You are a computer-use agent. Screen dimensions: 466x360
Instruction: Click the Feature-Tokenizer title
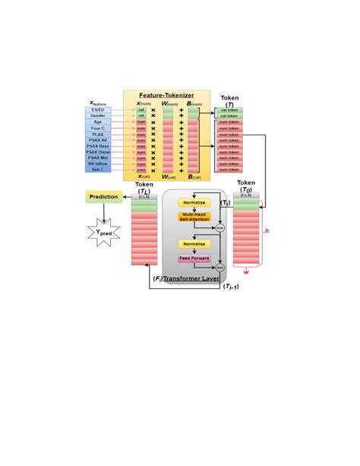point(166,96)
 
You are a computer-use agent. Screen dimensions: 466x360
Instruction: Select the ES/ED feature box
point(98,110)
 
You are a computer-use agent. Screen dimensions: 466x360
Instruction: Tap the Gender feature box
point(98,116)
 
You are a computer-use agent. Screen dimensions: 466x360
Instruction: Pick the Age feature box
point(98,122)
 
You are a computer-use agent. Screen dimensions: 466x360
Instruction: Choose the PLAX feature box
point(98,135)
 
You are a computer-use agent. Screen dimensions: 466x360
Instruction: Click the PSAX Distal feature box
point(98,152)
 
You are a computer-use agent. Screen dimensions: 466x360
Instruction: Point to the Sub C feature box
point(98,170)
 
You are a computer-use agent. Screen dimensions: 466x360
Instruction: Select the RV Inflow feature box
point(98,163)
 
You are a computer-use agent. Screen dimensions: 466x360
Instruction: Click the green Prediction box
point(103,197)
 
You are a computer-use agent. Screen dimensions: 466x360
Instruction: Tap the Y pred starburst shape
point(103,232)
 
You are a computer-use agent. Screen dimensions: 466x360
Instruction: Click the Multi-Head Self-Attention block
point(194,217)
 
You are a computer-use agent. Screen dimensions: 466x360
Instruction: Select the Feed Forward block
point(194,258)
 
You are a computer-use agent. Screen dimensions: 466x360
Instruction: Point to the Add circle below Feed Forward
point(219,268)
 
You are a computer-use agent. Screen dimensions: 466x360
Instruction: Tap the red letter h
point(267,230)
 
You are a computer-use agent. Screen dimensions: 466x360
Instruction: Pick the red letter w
point(246,271)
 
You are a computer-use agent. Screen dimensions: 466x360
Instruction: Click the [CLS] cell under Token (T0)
point(246,197)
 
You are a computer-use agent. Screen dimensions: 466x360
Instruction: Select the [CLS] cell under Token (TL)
point(144,197)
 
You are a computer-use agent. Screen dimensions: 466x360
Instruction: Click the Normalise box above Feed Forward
point(194,244)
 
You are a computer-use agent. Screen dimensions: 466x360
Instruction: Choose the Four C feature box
point(98,128)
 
